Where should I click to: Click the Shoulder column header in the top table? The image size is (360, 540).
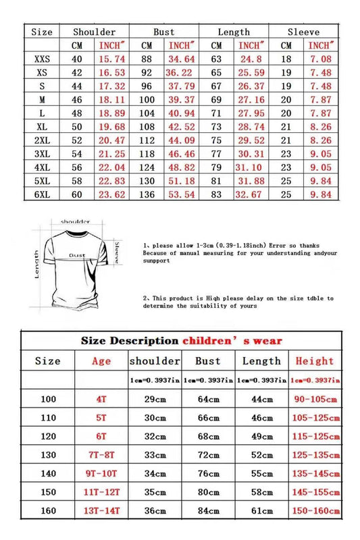pos(94,32)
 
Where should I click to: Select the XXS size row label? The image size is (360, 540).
pos(42,59)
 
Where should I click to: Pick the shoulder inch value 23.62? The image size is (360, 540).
pos(111,194)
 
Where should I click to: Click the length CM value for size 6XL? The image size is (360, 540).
pos(216,194)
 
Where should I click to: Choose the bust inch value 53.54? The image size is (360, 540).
pos(182,194)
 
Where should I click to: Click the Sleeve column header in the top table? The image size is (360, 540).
pos(303,32)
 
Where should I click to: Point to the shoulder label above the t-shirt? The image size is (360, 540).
pos(75,221)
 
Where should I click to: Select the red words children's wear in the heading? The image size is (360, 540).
pos(232,340)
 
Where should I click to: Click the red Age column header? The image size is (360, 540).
pos(101,361)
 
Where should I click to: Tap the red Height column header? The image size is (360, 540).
pos(314,361)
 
